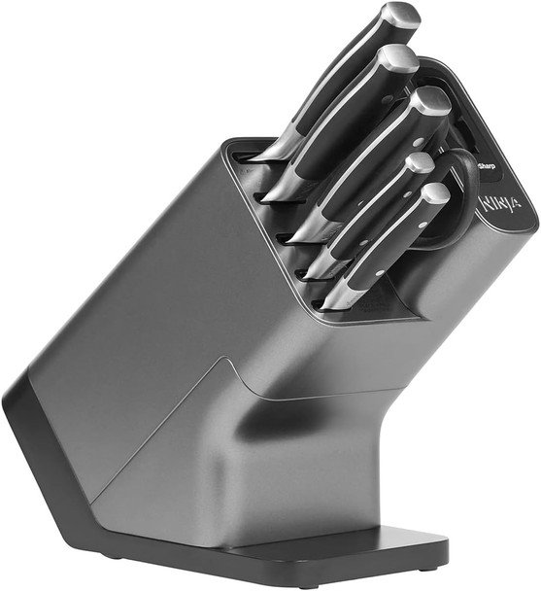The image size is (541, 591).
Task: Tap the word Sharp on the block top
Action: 486,167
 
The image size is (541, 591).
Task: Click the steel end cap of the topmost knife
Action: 400,17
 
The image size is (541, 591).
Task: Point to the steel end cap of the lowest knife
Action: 436,193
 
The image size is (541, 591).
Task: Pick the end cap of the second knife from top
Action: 398,57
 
